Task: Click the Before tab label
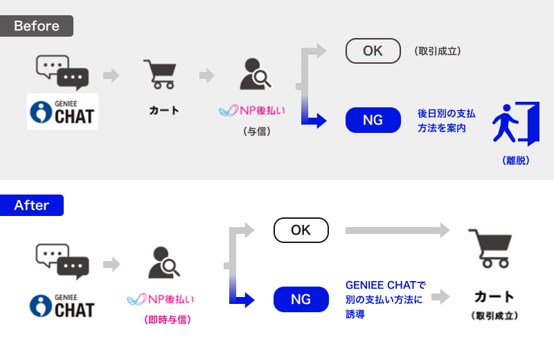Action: [37, 26]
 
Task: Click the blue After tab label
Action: [32, 206]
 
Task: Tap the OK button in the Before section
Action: [373, 51]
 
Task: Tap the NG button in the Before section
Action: [373, 120]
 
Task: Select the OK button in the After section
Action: [301, 231]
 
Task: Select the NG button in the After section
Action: [301, 300]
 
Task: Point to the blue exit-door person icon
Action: [515, 124]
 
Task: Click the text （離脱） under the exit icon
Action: [516, 161]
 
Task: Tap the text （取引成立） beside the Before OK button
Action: [437, 51]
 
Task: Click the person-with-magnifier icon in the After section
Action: [164, 262]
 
